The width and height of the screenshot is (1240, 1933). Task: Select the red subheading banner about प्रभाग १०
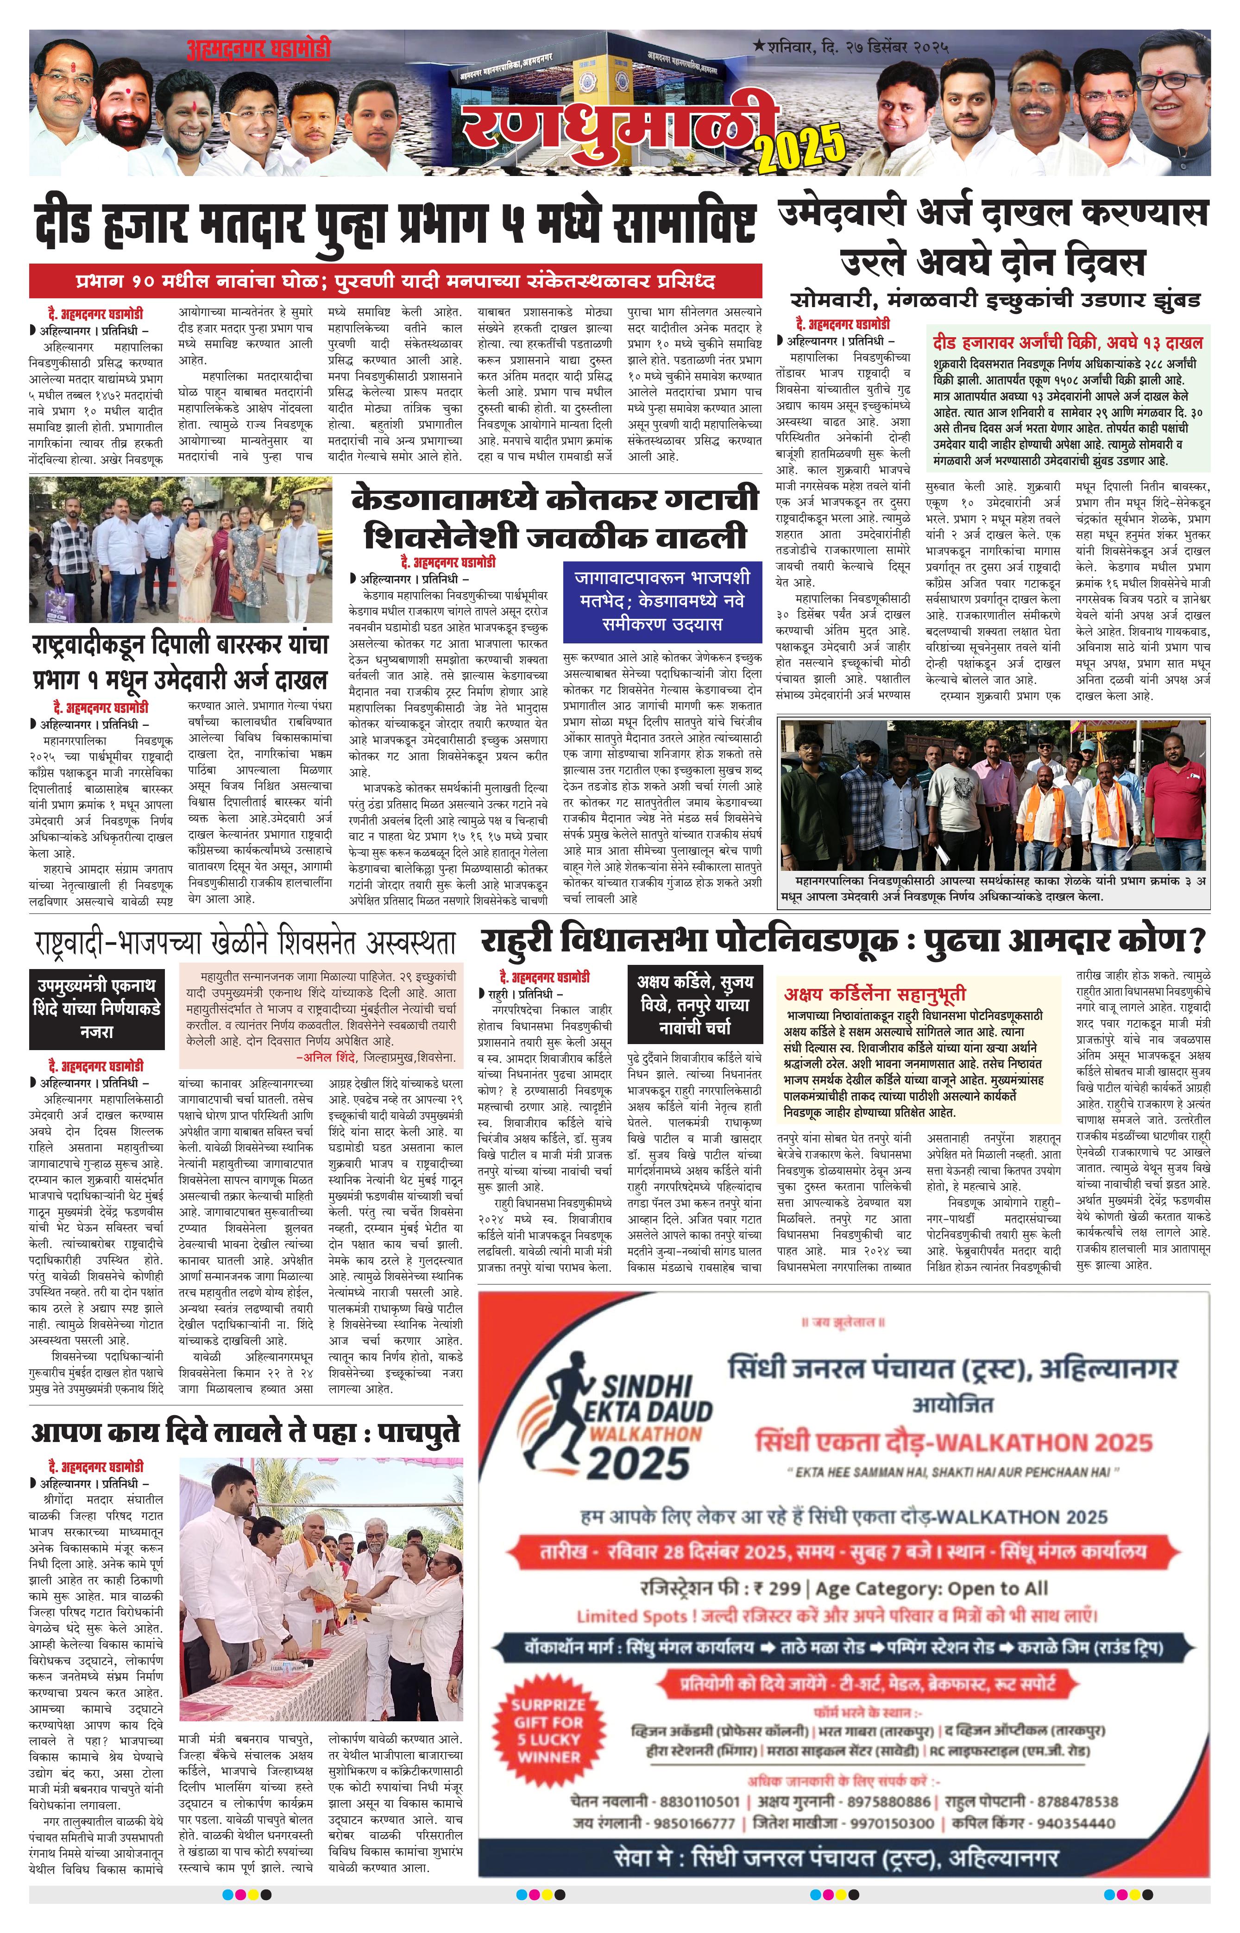click(395, 282)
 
